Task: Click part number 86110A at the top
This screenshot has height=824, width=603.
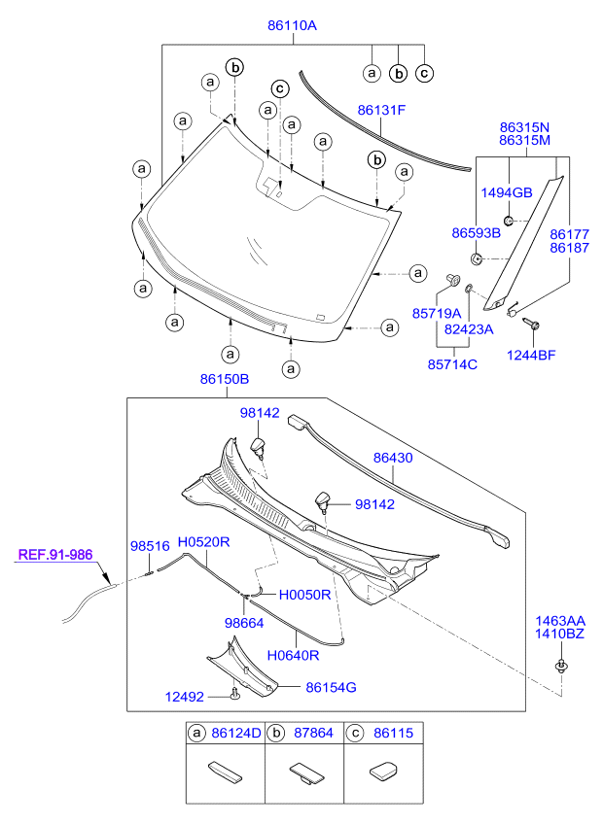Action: pyautogui.click(x=292, y=25)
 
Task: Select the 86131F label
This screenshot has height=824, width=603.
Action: pyautogui.click(x=381, y=111)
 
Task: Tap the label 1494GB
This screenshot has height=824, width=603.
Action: pyautogui.click(x=506, y=192)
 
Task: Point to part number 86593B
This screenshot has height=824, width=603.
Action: pyautogui.click(x=477, y=233)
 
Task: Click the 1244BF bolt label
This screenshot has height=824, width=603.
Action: pyautogui.click(x=531, y=356)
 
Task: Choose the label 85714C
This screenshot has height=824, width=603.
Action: pyautogui.click(x=452, y=364)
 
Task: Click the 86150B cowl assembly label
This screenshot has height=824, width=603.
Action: pyautogui.click(x=224, y=379)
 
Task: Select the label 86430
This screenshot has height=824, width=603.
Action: pyautogui.click(x=393, y=458)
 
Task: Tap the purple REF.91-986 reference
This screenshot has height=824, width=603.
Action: pyautogui.click(x=55, y=555)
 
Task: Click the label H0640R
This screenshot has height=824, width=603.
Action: pyautogui.click(x=293, y=655)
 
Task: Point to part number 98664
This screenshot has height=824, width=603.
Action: pyautogui.click(x=244, y=623)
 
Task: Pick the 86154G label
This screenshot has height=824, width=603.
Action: pyautogui.click(x=331, y=687)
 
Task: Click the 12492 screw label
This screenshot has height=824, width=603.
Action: pyautogui.click(x=184, y=697)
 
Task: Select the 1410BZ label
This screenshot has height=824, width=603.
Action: pyautogui.click(x=559, y=634)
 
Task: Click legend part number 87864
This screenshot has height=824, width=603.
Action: pyautogui.click(x=313, y=733)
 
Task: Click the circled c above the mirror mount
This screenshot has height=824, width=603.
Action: pyautogui.click(x=280, y=88)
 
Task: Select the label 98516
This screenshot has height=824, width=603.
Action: pyautogui.click(x=150, y=546)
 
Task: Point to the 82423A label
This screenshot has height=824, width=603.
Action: pyautogui.click(x=469, y=329)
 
